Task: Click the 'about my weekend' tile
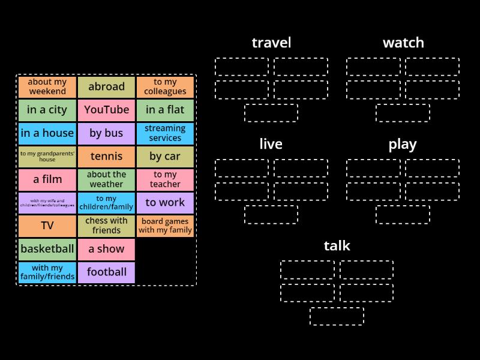[47, 87]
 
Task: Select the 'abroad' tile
[106, 87]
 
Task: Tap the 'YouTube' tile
[106, 110]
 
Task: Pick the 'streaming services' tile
[165, 133]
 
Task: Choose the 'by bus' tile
[106, 133]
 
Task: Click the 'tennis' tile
[106, 157]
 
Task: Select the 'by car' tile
[165, 157]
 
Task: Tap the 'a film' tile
[47, 179]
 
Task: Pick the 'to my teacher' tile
[165, 179]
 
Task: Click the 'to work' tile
[165, 203]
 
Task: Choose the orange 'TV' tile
[47, 226]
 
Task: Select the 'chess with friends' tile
[106, 226]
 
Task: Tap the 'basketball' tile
[47, 249]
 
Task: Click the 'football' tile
[106, 272]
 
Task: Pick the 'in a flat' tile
[165, 110]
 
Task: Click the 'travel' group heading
[271, 43]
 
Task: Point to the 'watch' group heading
[403, 43]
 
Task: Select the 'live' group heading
[271, 144]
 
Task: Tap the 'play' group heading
[403, 144]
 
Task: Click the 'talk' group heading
[337, 245]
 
